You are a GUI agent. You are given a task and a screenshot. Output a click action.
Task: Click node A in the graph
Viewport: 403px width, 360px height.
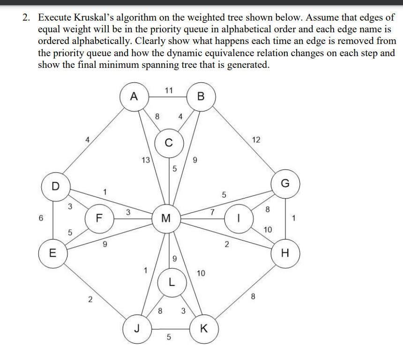(x=134, y=97)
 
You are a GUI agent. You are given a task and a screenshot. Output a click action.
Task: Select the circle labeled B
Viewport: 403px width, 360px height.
(x=201, y=97)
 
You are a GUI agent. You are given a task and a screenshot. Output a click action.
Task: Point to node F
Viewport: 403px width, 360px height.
(x=98, y=217)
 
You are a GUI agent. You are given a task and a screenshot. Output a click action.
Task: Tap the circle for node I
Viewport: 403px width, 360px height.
(x=239, y=217)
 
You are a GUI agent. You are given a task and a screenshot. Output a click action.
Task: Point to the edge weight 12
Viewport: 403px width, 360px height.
(x=256, y=140)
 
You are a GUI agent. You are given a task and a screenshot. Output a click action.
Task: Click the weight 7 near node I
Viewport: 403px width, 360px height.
(x=212, y=212)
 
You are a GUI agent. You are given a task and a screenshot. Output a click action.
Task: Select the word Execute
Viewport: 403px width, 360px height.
(x=54, y=18)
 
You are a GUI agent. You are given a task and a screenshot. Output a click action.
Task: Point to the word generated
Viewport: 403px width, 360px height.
(x=246, y=65)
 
